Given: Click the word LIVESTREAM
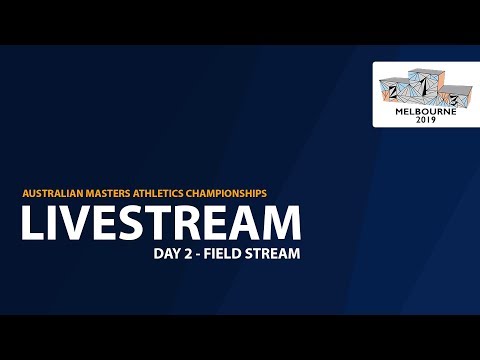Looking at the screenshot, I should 160,222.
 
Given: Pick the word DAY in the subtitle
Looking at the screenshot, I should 166,254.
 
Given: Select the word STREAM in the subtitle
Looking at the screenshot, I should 273,254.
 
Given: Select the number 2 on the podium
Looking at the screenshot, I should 392,92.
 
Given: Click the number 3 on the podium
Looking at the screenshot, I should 453,98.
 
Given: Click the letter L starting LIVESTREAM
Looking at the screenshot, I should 31,222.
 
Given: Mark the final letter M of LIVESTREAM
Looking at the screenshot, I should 281,222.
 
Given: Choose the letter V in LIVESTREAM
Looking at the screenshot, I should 74,222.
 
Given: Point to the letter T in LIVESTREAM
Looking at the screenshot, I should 163,222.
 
